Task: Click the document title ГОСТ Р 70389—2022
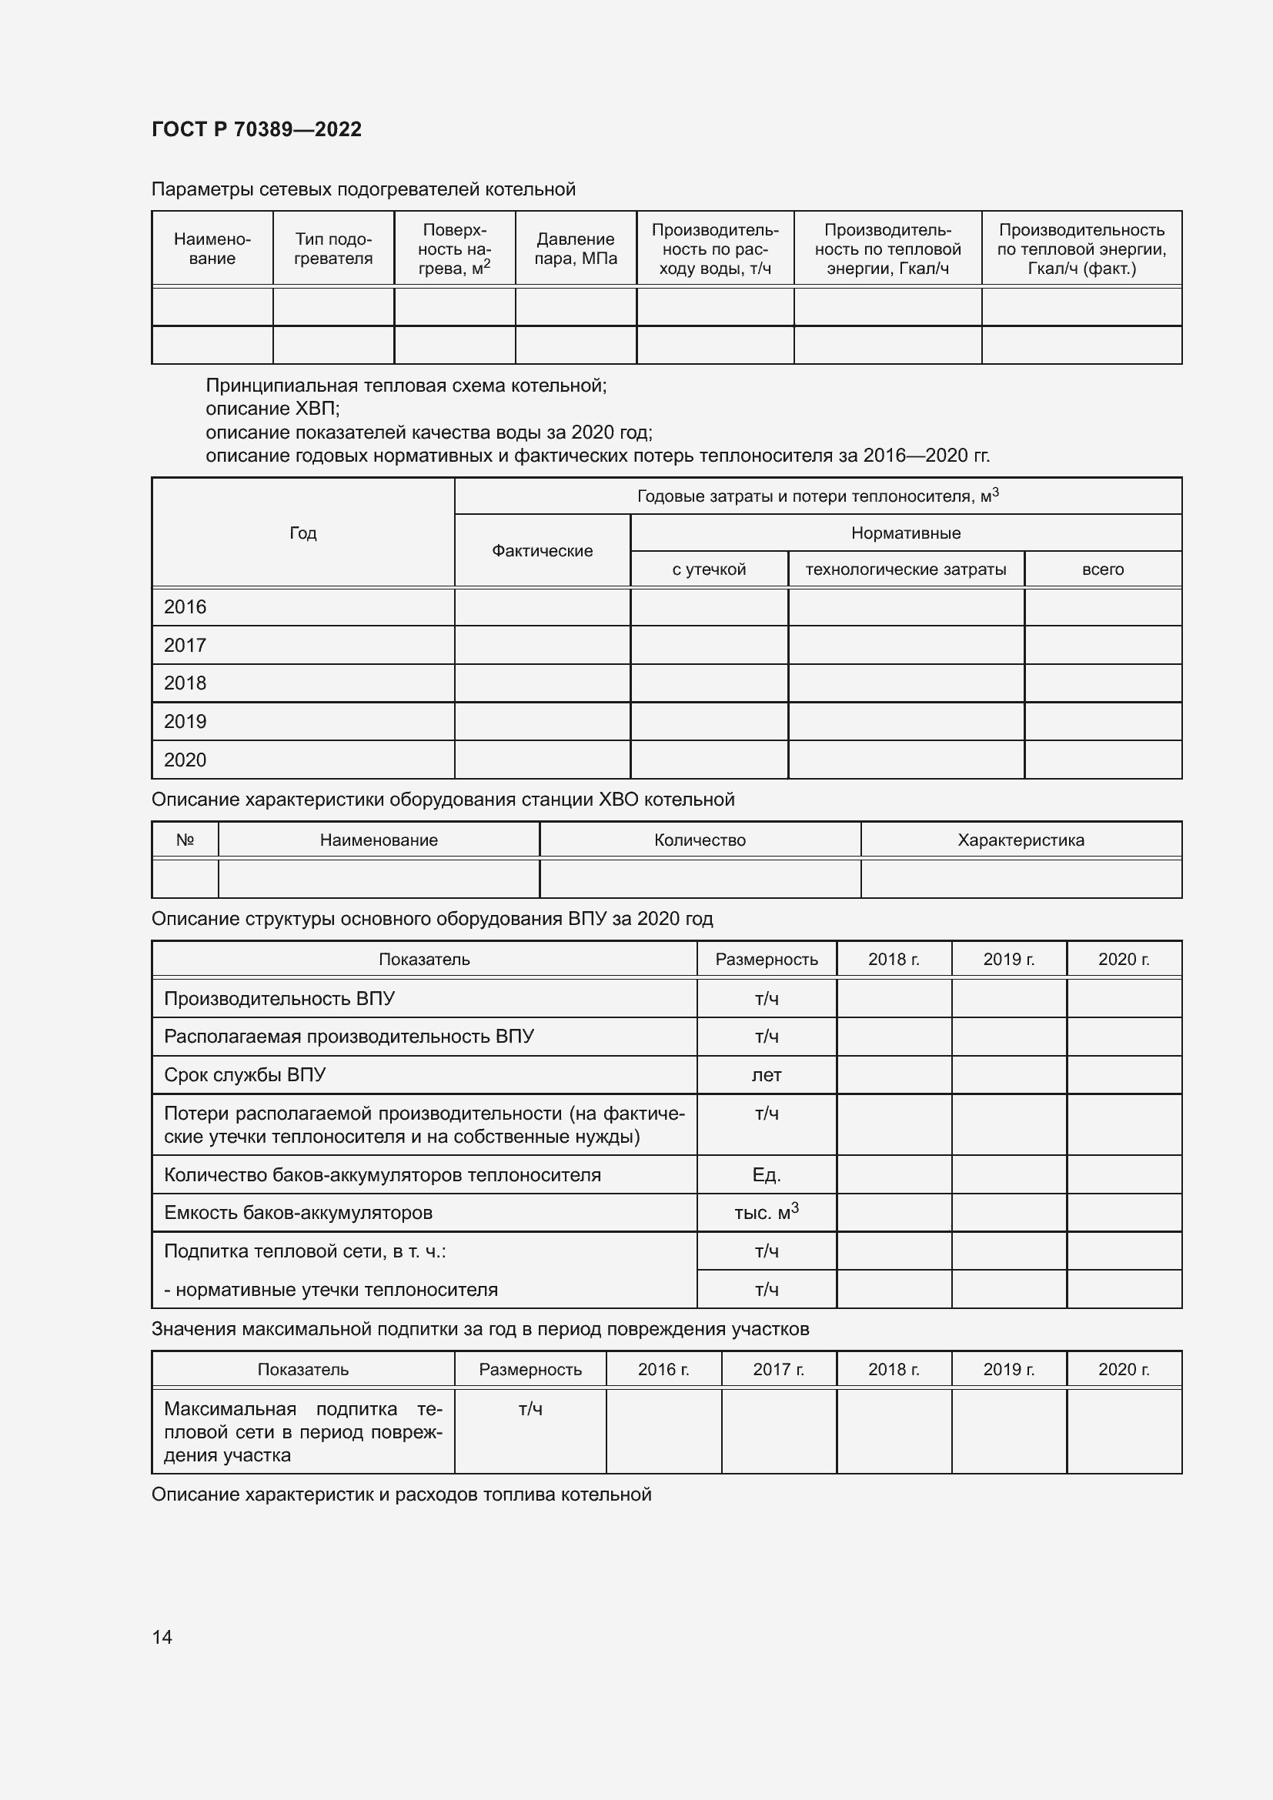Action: pyautogui.click(x=256, y=129)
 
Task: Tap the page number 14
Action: pyautogui.click(x=162, y=1637)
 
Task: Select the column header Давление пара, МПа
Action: pyautogui.click(x=576, y=249)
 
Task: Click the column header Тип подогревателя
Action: pyautogui.click(x=333, y=249)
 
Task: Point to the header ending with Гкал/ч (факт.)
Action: pyautogui.click(x=1081, y=249)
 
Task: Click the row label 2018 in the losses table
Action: pyautogui.click(x=185, y=683)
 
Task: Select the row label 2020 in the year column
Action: pyautogui.click(x=185, y=760)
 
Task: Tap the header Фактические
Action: pyautogui.click(x=542, y=550)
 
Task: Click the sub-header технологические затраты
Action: pyautogui.click(x=905, y=569)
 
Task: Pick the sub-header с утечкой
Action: pyautogui.click(x=709, y=569)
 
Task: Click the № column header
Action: pyautogui.click(x=185, y=840)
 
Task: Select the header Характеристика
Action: pyautogui.click(x=1021, y=840)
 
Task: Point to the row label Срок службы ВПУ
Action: pyautogui.click(x=245, y=1075)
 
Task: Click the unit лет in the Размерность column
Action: pyautogui.click(x=766, y=1075)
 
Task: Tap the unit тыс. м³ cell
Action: pyautogui.click(x=766, y=1213)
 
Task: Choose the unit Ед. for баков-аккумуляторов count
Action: pyautogui.click(x=766, y=1174)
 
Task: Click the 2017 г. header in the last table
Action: pyautogui.click(x=778, y=1369)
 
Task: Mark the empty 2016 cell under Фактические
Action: pyautogui.click(x=542, y=606)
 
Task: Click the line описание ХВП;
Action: pyautogui.click(x=272, y=409)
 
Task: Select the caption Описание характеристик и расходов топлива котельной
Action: pyautogui.click(x=401, y=1494)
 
